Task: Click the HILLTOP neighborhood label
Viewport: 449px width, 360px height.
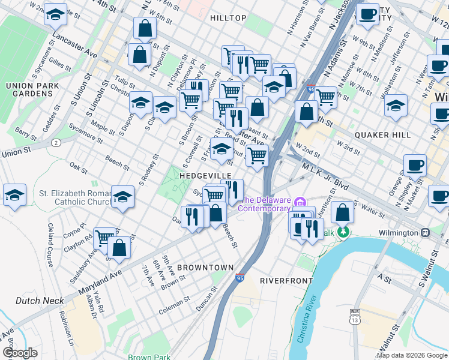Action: (x=228, y=18)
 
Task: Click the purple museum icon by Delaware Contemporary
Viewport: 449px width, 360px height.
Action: (x=301, y=200)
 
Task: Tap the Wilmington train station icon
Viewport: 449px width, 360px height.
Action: (x=426, y=232)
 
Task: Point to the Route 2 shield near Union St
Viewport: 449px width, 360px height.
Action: (x=56, y=142)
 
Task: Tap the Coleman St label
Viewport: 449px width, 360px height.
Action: (x=175, y=308)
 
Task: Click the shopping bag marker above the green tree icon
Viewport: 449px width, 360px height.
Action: (x=342, y=212)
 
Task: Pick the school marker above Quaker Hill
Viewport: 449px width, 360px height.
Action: (x=396, y=105)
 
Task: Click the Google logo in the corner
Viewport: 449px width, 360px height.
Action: (x=20, y=352)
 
